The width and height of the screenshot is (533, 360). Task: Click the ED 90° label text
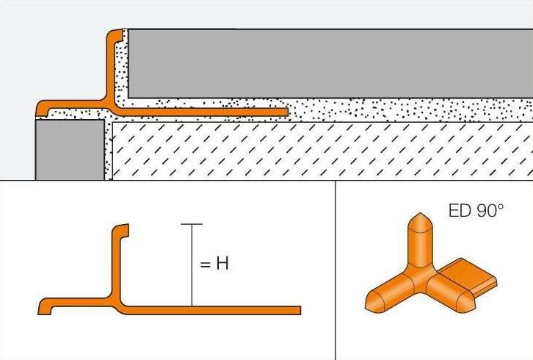(x=476, y=211)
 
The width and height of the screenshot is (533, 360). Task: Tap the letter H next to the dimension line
(x=222, y=263)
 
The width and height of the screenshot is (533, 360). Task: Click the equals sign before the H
(x=205, y=264)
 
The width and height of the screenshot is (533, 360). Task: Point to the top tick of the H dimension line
(x=192, y=224)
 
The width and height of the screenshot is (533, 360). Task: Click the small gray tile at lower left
(x=70, y=150)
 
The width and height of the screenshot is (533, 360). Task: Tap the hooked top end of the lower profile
(x=121, y=231)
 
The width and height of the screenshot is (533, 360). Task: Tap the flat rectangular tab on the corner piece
(x=471, y=273)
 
